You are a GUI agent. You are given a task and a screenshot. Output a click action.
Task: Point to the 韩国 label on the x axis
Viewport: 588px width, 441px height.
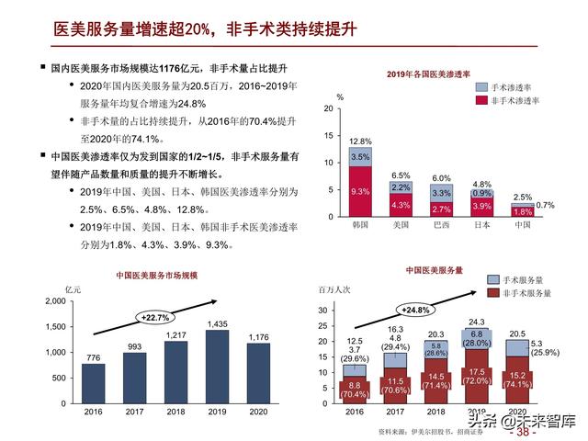pyautogui.click(x=360, y=224)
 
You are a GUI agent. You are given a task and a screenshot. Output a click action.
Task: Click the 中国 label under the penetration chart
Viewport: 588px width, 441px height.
pyautogui.click(x=523, y=224)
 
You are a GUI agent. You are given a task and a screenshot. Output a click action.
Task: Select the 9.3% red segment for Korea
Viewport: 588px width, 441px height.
pyautogui.click(x=360, y=191)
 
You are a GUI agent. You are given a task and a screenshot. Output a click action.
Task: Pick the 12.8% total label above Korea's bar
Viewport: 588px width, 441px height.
pyautogui.click(x=360, y=141)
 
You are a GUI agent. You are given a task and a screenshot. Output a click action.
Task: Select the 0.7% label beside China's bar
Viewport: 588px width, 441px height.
pyautogui.click(x=546, y=205)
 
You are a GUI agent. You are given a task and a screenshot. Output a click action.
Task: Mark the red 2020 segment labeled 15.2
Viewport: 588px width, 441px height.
pyautogui.click(x=516, y=379)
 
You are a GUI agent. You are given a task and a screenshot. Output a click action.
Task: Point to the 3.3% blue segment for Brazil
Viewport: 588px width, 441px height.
pyautogui.click(x=441, y=194)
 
